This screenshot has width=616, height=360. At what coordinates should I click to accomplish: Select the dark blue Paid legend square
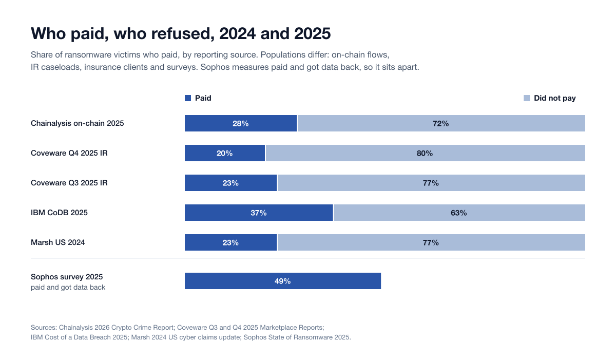coord(188,98)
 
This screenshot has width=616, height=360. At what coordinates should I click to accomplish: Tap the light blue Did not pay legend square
coord(527,98)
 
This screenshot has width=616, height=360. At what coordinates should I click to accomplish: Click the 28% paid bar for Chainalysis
coord(241,123)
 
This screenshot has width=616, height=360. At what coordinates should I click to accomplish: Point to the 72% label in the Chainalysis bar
coord(440,123)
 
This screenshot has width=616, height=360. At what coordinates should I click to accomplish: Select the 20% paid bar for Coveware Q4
coord(225,153)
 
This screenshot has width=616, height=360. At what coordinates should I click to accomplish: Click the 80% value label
coord(425,153)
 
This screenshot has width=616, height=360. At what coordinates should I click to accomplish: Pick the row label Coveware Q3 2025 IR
coord(69,183)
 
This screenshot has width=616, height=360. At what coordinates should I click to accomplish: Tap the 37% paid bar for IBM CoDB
coord(259,213)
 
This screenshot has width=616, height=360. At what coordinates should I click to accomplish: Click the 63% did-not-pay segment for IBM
coord(459,213)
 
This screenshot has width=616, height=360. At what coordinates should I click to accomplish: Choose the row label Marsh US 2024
coord(57,242)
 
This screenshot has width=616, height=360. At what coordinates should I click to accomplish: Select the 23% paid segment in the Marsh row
coord(230,242)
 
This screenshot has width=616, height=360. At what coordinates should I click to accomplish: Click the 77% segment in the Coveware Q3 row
coord(431,183)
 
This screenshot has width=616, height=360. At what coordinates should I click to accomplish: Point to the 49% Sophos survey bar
coord(283,281)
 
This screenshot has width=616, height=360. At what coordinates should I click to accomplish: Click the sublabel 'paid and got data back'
coord(68,288)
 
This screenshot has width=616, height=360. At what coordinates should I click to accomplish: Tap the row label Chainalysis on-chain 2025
coord(78,123)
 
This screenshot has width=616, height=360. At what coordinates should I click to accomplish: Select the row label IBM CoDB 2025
coord(59,213)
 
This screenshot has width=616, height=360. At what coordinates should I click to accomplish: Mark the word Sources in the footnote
coord(44,328)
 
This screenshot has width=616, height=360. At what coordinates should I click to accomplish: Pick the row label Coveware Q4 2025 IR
coord(69,153)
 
